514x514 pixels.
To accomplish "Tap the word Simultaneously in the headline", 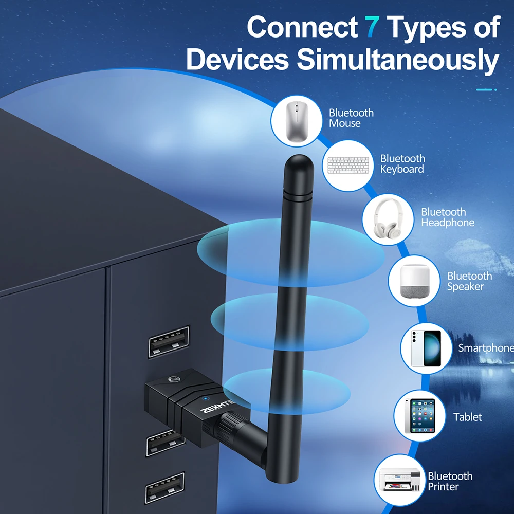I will click(398, 60).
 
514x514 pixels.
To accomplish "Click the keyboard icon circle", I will click(348, 165).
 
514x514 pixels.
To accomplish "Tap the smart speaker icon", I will click(414, 281).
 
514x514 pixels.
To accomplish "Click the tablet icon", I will click(419, 416).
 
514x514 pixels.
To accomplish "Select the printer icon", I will click(399, 481).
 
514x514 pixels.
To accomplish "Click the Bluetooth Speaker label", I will click(469, 281).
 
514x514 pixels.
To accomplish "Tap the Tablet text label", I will click(468, 417).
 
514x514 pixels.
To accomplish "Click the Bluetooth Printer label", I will click(450, 481).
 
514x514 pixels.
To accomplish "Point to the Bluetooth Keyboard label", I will click(402, 164).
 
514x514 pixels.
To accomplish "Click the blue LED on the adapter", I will click(205, 398).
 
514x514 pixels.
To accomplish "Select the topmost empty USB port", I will click(169, 342).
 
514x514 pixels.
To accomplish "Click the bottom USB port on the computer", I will click(164, 487).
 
